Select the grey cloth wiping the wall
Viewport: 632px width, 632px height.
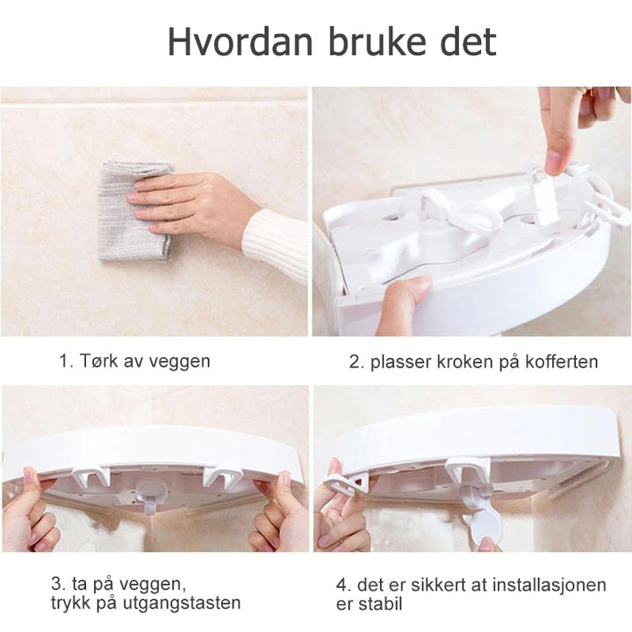[x=131, y=211]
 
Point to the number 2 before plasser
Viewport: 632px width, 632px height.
[x=355, y=362]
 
